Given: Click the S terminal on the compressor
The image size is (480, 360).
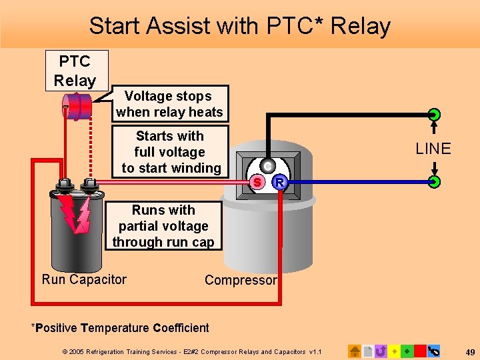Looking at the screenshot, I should (x=255, y=181).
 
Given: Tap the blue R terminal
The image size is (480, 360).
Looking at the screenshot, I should (x=281, y=181).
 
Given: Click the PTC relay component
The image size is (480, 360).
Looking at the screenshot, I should (x=77, y=107).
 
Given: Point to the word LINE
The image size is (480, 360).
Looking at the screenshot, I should (x=433, y=149).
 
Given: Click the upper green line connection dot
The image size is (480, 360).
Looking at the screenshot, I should (x=434, y=114).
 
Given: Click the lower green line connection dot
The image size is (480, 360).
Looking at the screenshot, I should (x=434, y=181).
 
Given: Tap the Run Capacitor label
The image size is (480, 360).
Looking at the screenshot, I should (x=84, y=279).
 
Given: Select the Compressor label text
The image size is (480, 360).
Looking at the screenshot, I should (x=241, y=280).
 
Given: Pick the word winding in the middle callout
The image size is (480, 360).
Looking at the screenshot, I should (x=197, y=168).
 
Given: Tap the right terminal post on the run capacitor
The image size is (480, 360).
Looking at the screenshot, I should (x=89, y=185).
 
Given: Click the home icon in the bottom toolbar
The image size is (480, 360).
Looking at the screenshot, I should (x=355, y=351).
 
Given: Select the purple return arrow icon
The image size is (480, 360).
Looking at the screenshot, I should (x=381, y=351).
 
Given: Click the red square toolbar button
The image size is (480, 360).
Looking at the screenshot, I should (x=420, y=351).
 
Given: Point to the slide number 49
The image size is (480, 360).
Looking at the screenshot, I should (x=470, y=351).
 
